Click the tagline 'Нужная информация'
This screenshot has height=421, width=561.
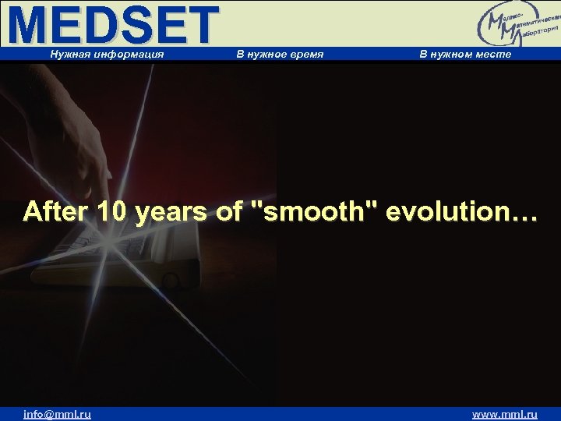click(107, 54)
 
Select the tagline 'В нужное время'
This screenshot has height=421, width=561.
click(280, 54)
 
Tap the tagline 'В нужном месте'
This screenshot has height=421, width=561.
click(465, 54)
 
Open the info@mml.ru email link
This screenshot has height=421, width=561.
click(57, 414)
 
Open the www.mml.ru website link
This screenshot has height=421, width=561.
click(505, 414)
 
